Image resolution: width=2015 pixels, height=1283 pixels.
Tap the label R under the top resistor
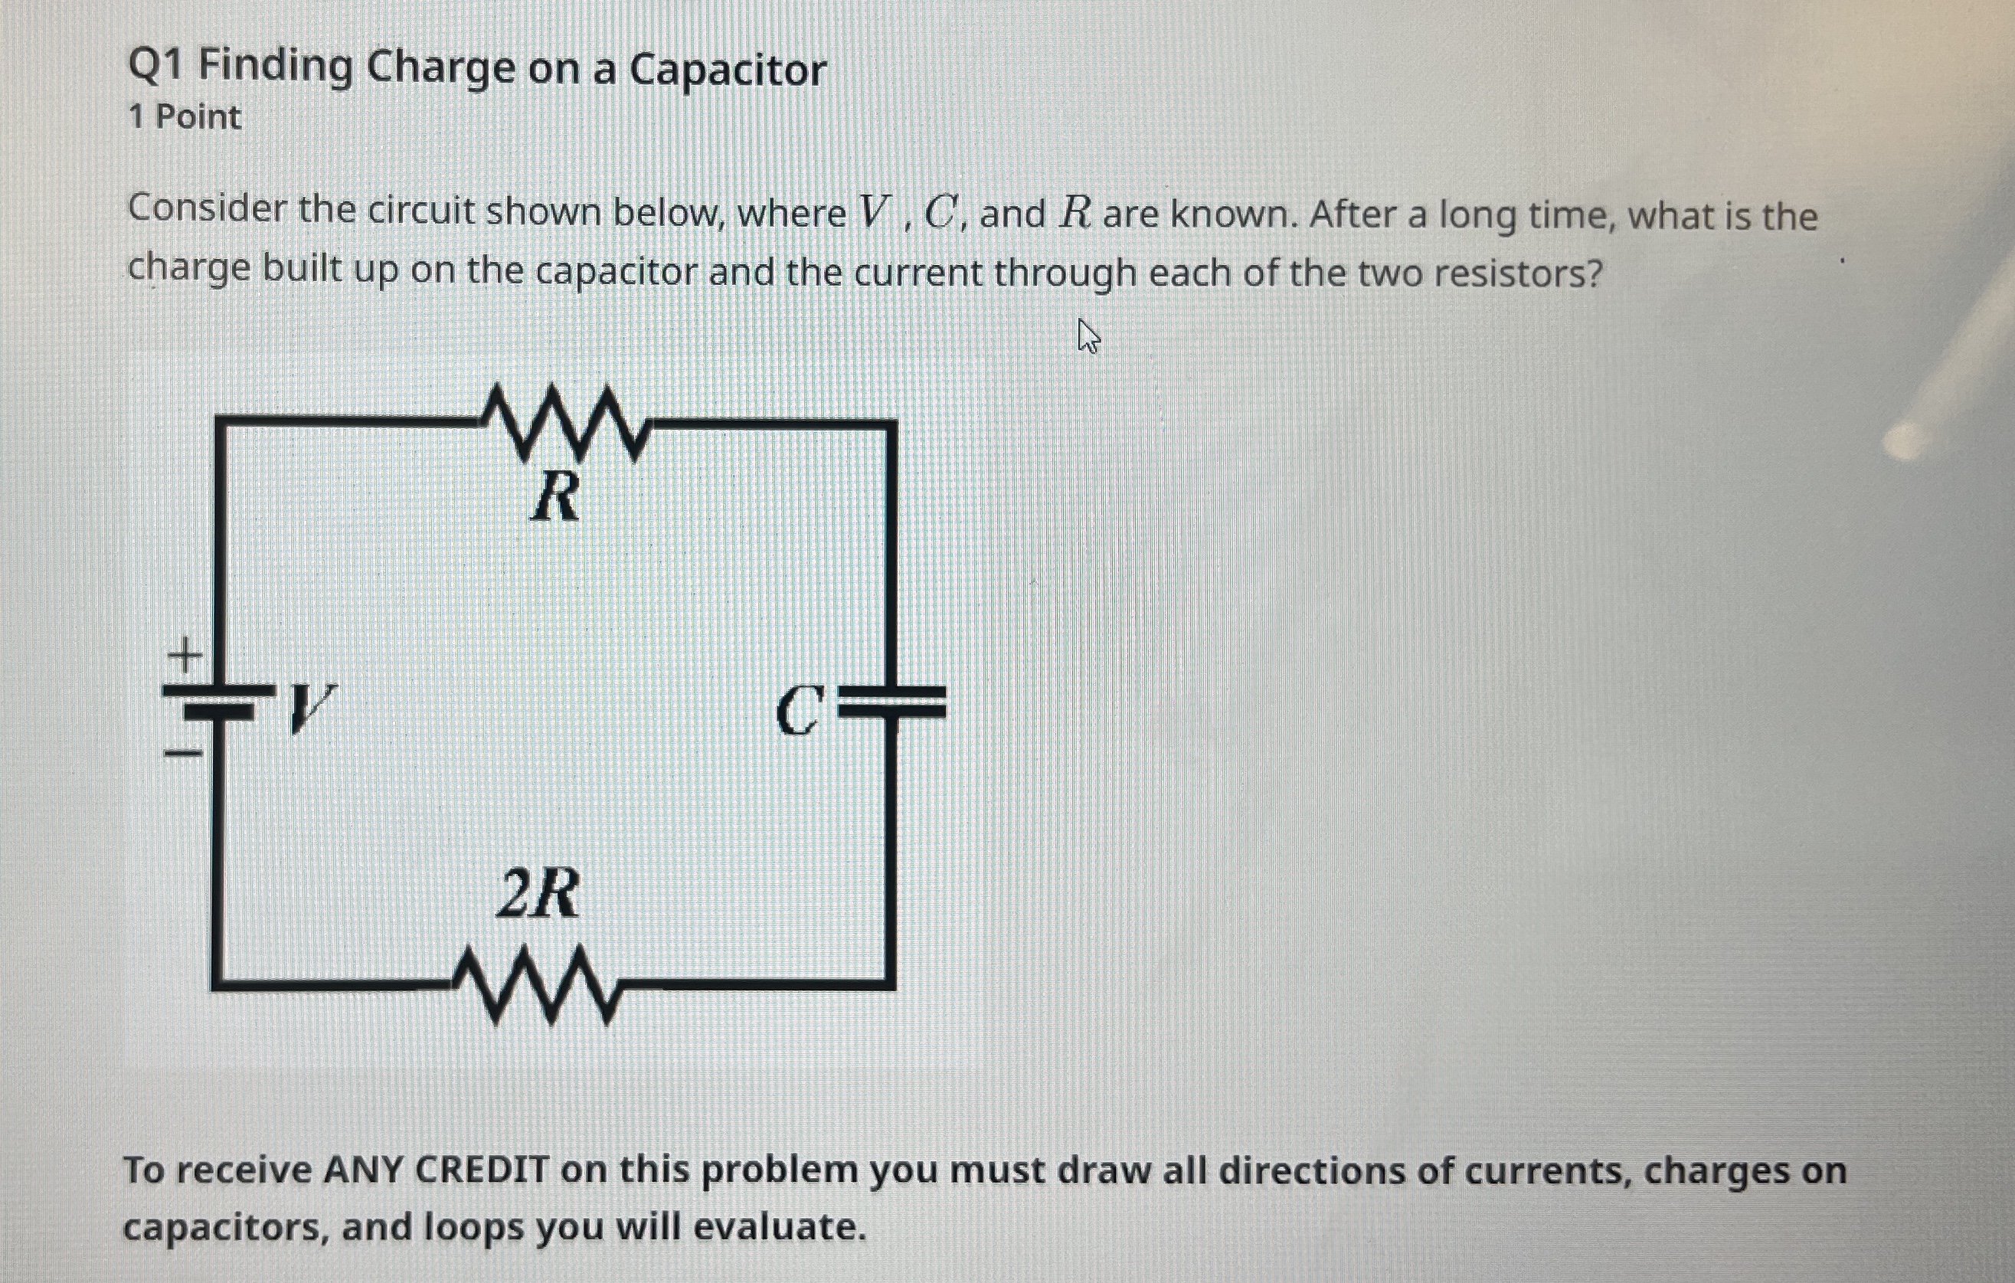pos(554,496)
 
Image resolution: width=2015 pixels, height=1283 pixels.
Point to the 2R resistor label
pos(536,894)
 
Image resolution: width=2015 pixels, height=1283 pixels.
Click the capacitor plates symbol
pos(893,703)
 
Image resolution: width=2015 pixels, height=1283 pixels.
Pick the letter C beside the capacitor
pos(799,711)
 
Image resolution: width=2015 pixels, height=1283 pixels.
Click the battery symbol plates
pos(218,702)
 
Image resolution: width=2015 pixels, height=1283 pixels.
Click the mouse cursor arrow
pos(1088,336)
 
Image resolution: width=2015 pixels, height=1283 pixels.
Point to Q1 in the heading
pos(155,66)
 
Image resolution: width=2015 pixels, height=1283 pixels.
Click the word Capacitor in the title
pos(727,69)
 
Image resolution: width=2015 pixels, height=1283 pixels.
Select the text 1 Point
pos(185,117)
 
